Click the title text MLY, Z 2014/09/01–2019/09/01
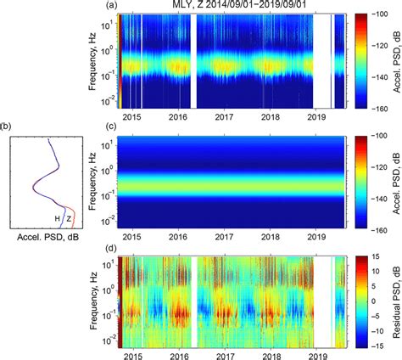[x=231, y=6]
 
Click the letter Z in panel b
[x=69, y=218]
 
